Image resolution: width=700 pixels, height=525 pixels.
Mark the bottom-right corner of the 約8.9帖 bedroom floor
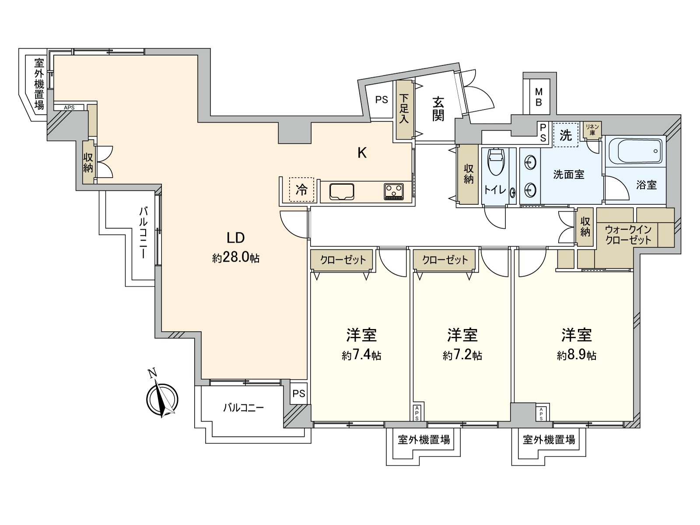[633, 420]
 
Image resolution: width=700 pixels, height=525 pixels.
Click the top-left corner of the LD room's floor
[54, 56]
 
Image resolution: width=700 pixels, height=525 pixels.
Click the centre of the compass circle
[162, 399]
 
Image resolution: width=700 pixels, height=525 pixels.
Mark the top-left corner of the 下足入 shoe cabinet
[396, 80]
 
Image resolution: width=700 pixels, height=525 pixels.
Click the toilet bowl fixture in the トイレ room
[497, 162]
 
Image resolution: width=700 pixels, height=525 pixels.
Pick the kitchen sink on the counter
[342, 192]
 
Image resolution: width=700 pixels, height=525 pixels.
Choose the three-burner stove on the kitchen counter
[394, 192]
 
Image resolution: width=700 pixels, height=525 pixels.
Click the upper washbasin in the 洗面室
[530, 162]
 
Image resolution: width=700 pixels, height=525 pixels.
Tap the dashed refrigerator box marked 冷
[301, 190]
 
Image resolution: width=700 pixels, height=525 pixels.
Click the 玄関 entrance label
[438, 109]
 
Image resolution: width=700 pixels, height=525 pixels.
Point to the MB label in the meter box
[539, 97]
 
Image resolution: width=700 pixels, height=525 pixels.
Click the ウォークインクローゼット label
[628, 234]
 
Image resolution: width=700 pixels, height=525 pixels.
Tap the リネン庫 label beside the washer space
[592, 129]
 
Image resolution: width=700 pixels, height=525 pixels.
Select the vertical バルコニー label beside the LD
[143, 233]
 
